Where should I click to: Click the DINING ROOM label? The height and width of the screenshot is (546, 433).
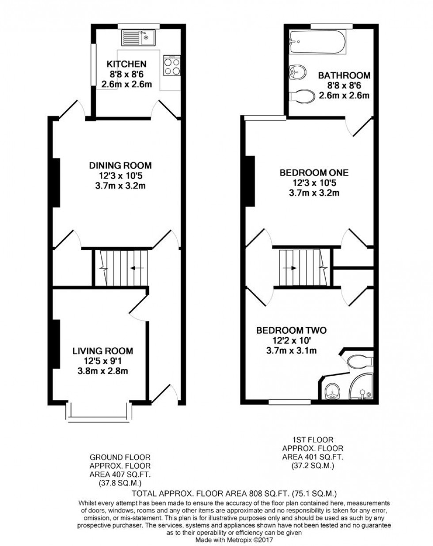click(x=120, y=166)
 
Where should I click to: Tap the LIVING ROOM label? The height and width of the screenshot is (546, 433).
click(x=103, y=351)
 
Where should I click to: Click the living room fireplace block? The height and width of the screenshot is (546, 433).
click(x=56, y=343)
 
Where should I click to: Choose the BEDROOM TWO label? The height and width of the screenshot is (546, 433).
click(x=292, y=330)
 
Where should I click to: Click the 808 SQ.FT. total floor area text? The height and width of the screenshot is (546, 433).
click(x=235, y=493)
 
